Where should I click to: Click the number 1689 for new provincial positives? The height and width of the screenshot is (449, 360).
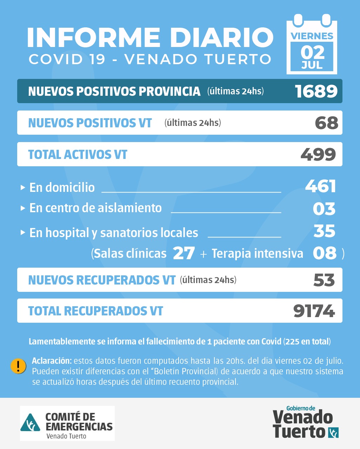click(x=316, y=91)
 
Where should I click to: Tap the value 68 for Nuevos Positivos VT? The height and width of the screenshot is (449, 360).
click(x=326, y=123)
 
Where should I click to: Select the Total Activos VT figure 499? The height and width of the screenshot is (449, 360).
click(x=318, y=154)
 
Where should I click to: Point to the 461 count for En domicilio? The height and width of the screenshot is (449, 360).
click(x=321, y=186)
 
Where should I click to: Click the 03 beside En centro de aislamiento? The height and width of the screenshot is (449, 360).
click(x=324, y=209)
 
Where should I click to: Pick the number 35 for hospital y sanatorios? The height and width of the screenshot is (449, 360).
click(x=325, y=231)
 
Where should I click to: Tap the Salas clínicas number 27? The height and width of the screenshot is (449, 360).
click(x=184, y=253)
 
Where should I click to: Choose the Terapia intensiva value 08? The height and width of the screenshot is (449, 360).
click(x=325, y=253)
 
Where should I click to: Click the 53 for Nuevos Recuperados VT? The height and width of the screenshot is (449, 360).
click(x=324, y=280)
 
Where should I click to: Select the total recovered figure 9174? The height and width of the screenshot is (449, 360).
click(x=314, y=311)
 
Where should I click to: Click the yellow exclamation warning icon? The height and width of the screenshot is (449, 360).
click(x=18, y=366)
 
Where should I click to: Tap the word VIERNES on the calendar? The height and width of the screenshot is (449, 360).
click(x=312, y=36)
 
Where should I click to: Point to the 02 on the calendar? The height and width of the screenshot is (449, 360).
click(x=312, y=52)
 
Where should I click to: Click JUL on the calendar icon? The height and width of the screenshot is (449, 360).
click(x=312, y=66)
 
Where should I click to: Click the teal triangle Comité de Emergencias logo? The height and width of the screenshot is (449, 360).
click(x=31, y=423)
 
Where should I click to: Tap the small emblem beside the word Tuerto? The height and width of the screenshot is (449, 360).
click(x=333, y=433)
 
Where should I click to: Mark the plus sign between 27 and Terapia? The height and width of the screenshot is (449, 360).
click(x=203, y=254)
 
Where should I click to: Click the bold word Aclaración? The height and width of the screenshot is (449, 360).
click(x=52, y=361)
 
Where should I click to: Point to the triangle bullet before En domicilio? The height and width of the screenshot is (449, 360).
click(x=23, y=188)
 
